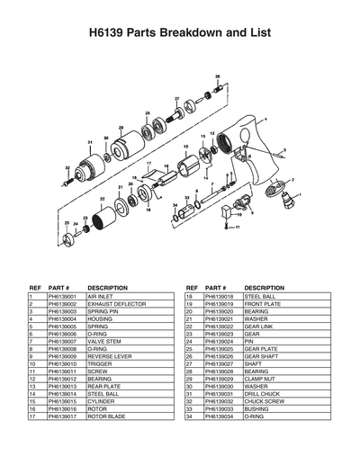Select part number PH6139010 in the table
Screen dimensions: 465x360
65,363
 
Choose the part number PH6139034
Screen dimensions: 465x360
221,416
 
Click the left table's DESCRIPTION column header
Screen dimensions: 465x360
107,288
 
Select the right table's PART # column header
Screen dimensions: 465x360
216,288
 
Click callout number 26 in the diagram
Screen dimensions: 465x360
218,77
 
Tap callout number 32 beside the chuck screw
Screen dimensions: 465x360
67,167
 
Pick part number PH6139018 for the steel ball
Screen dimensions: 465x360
221,296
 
